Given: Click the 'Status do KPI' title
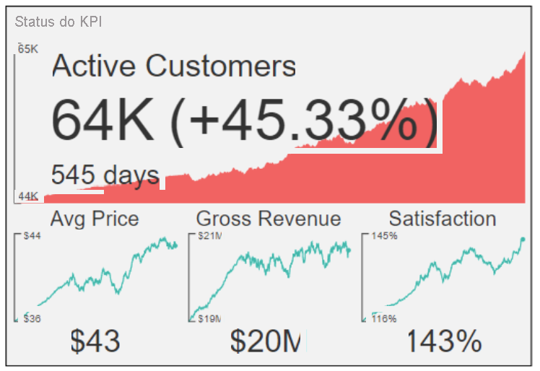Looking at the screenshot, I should [x=58, y=22].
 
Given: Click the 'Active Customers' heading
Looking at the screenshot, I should [x=174, y=66].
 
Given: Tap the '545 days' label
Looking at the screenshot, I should [x=105, y=175].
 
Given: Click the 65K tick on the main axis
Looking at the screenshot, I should [x=28, y=49].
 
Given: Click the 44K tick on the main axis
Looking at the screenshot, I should [x=28, y=196].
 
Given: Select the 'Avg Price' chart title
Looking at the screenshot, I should [x=95, y=219].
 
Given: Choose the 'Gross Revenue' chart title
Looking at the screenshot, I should [x=269, y=219].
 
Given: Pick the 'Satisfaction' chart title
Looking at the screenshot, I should [x=442, y=219].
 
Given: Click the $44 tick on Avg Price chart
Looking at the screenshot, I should [x=32, y=236].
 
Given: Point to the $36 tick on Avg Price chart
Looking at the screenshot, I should [x=32, y=318].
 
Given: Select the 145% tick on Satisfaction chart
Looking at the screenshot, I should [x=384, y=236].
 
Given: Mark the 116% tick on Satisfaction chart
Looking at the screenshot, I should [x=384, y=318].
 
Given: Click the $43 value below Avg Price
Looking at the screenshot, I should [x=95, y=341].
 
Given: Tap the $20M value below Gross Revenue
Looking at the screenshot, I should [x=266, y=341].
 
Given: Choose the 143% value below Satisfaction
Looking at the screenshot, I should [x=443, y=341].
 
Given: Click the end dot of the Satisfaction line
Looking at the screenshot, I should [x=522, y=239].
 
